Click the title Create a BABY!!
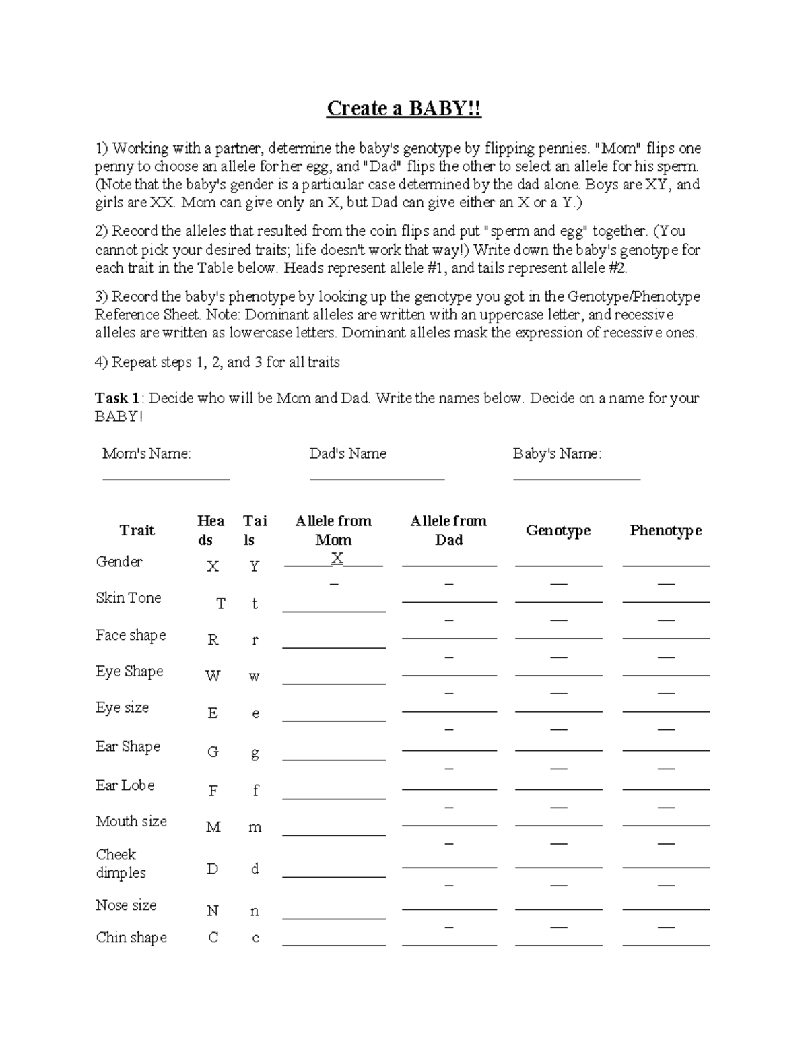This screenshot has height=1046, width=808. pos(404,108)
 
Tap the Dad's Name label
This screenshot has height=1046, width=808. pos(347,453)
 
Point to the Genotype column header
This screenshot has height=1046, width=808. pos(558,531)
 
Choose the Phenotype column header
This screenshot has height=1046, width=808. pos(665,531)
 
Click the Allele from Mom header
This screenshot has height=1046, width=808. pos(333,530)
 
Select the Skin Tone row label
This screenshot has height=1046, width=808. pos(129,598)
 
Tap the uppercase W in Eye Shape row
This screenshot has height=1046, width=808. pos(213,676)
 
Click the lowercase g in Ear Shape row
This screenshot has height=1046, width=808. pos(255,752)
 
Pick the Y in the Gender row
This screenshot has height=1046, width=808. pos(255,566)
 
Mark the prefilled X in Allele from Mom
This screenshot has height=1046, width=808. pos(337,558)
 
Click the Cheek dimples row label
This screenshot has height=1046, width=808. pos(121,863)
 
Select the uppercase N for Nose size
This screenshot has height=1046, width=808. pos(213,911)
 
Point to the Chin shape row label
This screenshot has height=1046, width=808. pos(131,938)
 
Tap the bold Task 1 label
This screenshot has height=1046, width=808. pos(117,398)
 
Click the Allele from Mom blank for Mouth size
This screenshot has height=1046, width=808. pos(334,835)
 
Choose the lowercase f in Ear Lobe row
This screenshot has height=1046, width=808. pos(255,790)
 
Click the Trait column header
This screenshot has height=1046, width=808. pos(137,531)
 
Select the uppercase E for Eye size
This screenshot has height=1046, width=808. pos(213,713)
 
